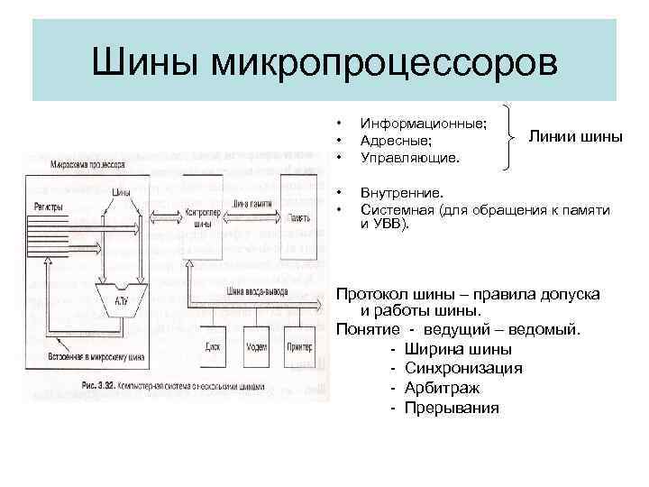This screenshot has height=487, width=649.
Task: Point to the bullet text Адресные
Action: tap(395, 141)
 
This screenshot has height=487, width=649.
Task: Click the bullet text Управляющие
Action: tap(410, 158)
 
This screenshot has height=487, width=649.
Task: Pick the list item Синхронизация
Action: tap(464, 368)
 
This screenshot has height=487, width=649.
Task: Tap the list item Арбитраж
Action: tap(443, 388)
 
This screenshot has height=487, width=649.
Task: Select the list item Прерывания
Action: tap(452, 408)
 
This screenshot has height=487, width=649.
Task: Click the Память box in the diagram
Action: tap(298, 217)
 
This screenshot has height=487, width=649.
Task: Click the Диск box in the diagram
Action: tap(213, 346)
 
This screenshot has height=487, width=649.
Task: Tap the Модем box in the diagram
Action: tap(258, 346)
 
